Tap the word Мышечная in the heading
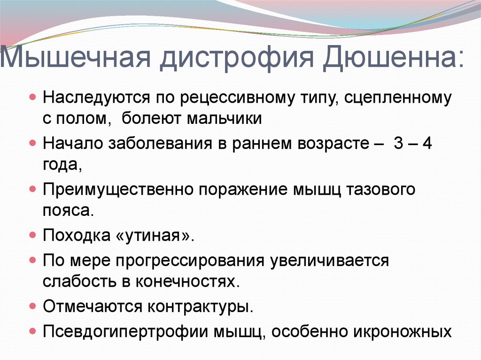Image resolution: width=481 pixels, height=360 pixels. click(76, 57)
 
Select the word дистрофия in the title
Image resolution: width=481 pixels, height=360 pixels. click(237, 58)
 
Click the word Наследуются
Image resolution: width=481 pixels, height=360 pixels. click(96, 98)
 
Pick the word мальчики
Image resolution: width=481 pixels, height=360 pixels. click(224, 119)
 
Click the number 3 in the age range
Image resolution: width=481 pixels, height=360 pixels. click(398, 143)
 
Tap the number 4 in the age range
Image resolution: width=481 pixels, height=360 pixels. click(427, 143)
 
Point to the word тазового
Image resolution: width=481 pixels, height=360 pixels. click(380, 189)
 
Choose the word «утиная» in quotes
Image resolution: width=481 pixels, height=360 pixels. click(155, 236)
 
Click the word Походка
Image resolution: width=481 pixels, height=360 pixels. click(77, 236)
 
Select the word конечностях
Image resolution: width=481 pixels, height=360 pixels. click(187, 282)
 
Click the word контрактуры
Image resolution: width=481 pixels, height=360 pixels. click(200, 306)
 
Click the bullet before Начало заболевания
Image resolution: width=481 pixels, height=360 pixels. click(33, 143)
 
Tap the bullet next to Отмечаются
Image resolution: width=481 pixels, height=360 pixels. click(33, 306)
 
